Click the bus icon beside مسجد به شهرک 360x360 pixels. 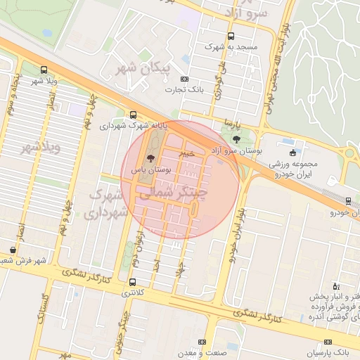tap(231, 37)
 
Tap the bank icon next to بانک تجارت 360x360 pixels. tap(184, 79)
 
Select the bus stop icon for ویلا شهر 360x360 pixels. tap(44, 70)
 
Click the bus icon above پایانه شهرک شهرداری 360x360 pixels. tap(134, 115)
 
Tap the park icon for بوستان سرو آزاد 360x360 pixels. tap(235, 139)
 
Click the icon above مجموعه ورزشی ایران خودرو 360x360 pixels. tap(292, 153)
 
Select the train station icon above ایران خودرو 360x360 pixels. tap(349, 200)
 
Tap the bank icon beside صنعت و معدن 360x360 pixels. tap(202, 341)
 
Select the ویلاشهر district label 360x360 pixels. tap(41, 148)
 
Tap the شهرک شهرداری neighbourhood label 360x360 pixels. tap(108, 202)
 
